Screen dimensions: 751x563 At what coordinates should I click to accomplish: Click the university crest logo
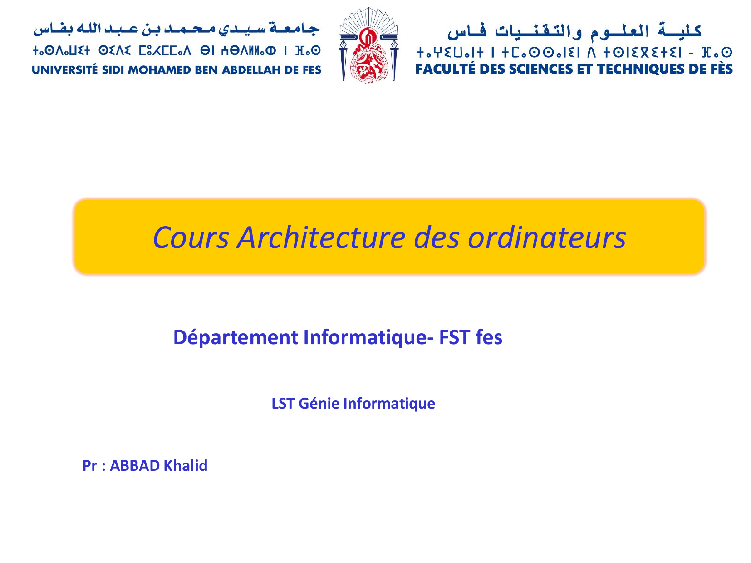coord(368,45)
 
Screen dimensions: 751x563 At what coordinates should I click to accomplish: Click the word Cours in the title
coord(191,237)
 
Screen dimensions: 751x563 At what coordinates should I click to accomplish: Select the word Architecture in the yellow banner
coord(321,237)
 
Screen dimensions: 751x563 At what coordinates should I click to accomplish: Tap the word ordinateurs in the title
coord(547,237)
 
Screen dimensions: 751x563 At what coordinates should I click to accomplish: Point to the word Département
coord(236,337)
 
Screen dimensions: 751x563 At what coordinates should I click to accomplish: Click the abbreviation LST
coord(283,404)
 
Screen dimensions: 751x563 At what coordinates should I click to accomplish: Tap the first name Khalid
coord(186,465)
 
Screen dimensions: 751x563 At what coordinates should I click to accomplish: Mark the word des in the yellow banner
coord(436,237)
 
